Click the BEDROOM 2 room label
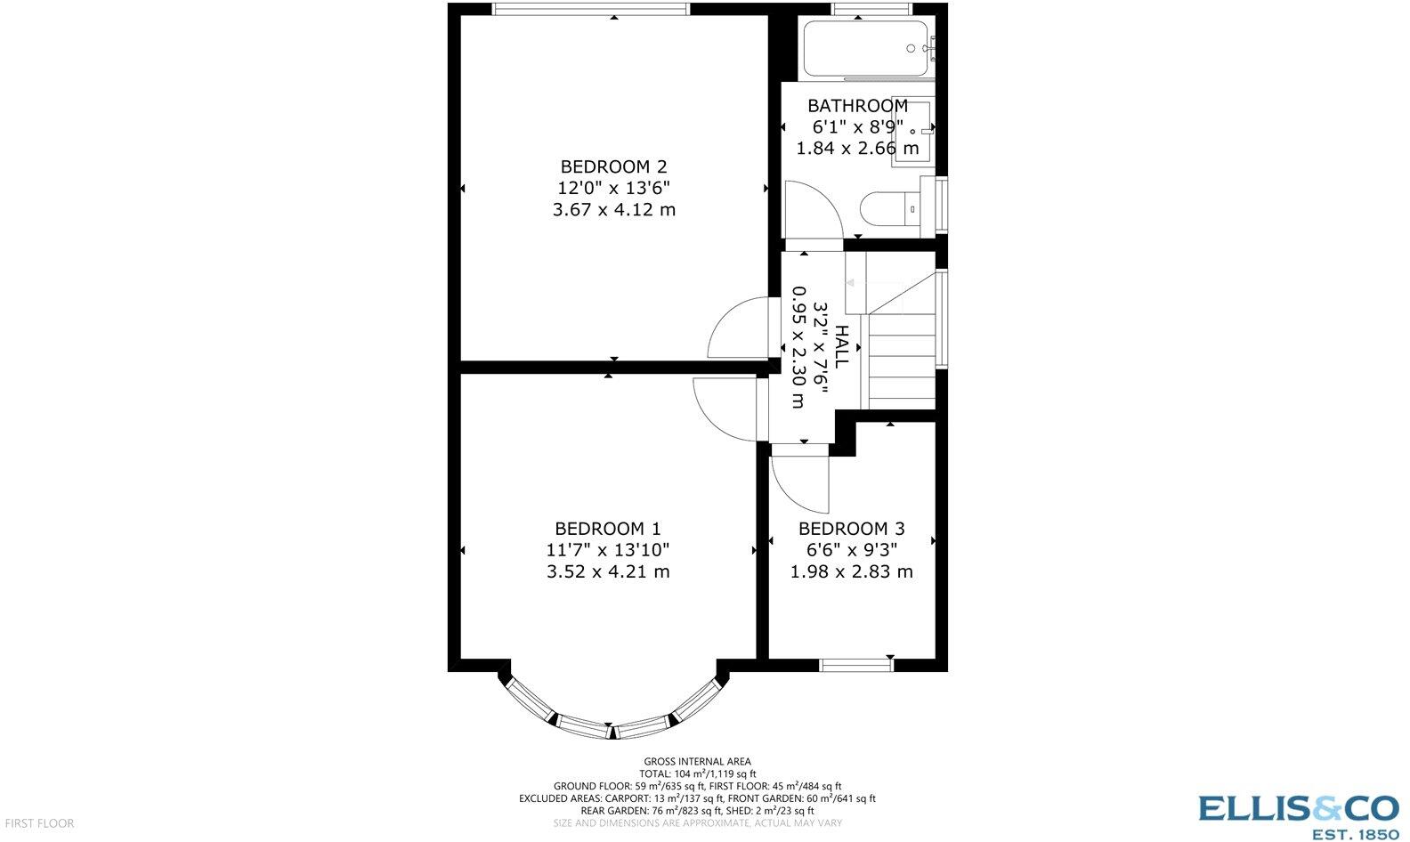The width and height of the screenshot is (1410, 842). pyautogui.click(x=613, y=166)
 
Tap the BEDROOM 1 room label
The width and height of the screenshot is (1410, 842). pyautogui.click(x=608, y=529)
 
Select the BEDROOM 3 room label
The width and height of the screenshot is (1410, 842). pyautogui.click(x=851, y=529)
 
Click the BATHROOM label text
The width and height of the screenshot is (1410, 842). pyautogui.click(x=857, y=106)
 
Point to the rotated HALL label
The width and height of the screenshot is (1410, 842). pyautogui.click(x=841, y=347)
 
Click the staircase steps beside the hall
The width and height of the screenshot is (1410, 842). pyautogui.click(x=901, y=356)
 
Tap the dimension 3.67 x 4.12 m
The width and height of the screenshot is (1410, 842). pyautogui.click(x=613, y=210)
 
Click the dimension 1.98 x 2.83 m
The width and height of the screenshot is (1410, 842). pyautogui.click(x=851, y=571)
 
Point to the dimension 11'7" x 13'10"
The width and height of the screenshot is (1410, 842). pyautogui.click(x=608, y=550)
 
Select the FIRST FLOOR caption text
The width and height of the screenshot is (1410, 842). pyautogui.click(x=37, y=823)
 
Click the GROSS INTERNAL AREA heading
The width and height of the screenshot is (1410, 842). pyautogui.click(x=697, y=761)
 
